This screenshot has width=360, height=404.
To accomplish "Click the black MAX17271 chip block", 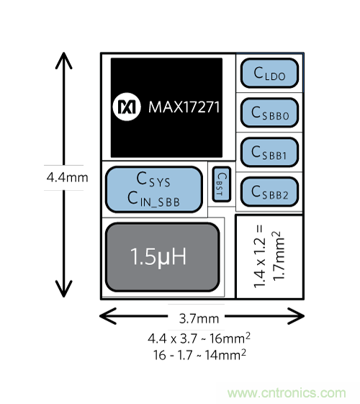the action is point(166,107).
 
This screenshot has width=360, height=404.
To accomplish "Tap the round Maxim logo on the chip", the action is point(127,107).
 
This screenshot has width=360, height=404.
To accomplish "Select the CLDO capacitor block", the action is point(269,73).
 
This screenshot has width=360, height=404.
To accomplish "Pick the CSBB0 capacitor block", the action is point(269,112).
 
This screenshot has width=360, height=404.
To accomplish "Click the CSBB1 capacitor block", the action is point(269,152).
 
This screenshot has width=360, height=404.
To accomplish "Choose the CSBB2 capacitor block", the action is point(269,192).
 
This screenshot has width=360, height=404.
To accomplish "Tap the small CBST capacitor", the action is point(222,184).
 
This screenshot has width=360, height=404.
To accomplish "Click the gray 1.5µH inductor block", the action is point(163,257).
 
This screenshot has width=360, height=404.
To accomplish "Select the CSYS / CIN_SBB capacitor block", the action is point(154,189).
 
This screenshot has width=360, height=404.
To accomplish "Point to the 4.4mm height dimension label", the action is point(67,178).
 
